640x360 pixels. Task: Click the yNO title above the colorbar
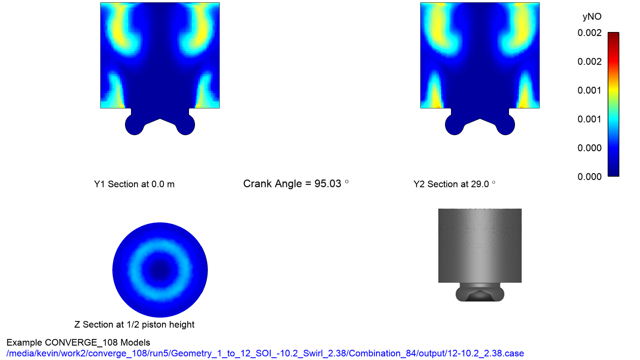tap(592, 17)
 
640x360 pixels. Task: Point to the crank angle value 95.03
tap(328, 184)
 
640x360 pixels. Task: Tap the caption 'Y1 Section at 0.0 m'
tap(134, 184)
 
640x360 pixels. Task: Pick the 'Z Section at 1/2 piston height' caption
tap(134, 325)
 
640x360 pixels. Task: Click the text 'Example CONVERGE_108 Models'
tap(78, 343)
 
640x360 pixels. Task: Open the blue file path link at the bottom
tap(265, 353)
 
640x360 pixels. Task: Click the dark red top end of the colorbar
tap(613, 34)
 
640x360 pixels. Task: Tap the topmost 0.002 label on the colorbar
tap(589, 33)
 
